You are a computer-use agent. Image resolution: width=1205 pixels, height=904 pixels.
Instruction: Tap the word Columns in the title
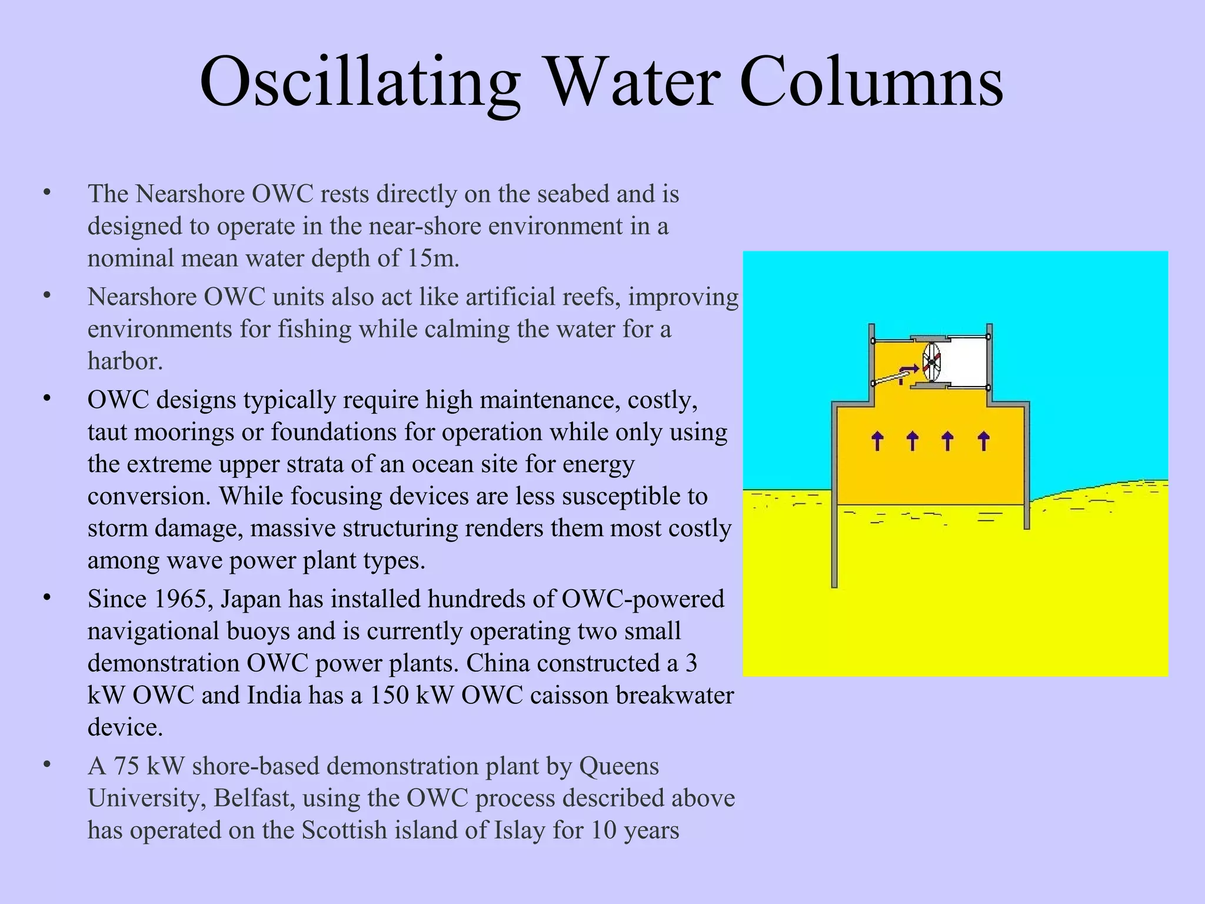[871, 82]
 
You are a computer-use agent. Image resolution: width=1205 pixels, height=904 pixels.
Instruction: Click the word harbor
[125, 361]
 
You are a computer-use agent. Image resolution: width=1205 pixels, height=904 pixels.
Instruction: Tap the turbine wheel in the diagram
[931, 362]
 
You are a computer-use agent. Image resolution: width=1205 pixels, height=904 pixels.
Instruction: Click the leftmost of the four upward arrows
[877, 440]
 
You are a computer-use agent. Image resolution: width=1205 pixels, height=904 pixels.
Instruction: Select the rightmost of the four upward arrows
[983, 440]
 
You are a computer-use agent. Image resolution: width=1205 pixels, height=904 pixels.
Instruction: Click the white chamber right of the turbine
[965, 362]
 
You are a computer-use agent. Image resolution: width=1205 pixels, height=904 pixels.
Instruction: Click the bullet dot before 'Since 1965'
[47, 598]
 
